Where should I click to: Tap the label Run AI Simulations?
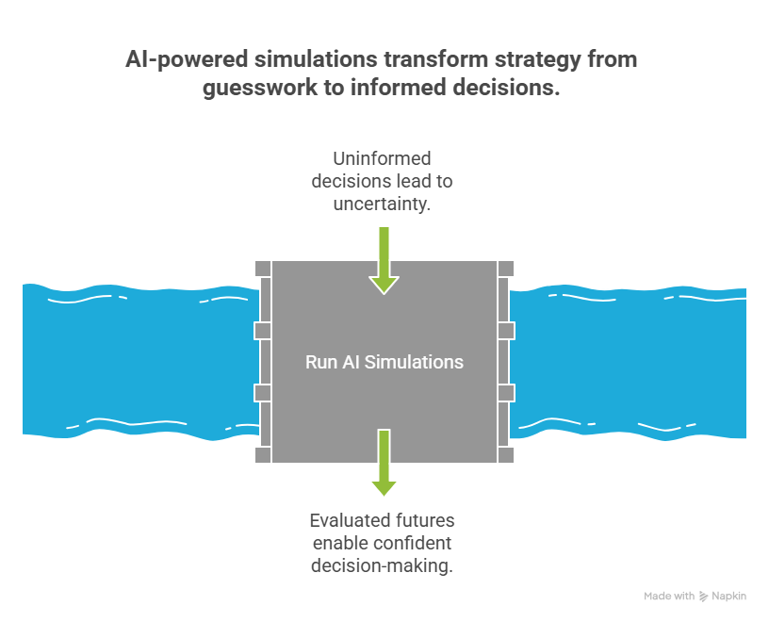point(384,362)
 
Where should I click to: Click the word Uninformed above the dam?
point(383,158)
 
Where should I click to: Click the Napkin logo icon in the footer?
point(704,597)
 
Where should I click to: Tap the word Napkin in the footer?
point(729,597)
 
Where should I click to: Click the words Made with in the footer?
point(669,597)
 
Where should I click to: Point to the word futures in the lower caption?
point(424,520)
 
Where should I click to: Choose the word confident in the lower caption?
point(412,543)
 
